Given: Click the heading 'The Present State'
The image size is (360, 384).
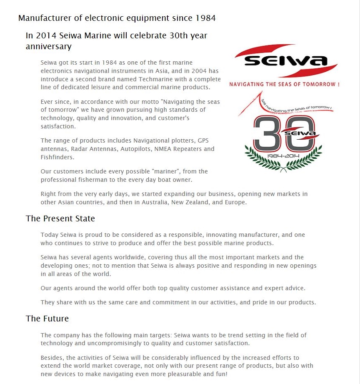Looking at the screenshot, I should pyautogui.click(x=60, y=218).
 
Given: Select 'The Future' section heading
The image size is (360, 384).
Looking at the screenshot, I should pyautogui.click(x=47, y=319).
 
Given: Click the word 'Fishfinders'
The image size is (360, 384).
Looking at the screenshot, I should pyautogui.click(x=57, y=157).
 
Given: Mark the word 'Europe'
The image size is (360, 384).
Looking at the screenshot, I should pyautogui.click(x=235, y=202).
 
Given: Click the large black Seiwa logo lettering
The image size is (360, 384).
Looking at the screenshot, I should pyautogui.click(x=285, y=61).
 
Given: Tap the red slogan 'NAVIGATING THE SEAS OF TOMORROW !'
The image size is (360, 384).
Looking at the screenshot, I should pyautogui.click(x=284, y=84).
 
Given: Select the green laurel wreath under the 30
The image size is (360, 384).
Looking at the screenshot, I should pyautogui.click(x=284, y=161).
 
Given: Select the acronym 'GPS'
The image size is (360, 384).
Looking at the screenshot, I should pyautogui.click(x=203, y=141).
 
